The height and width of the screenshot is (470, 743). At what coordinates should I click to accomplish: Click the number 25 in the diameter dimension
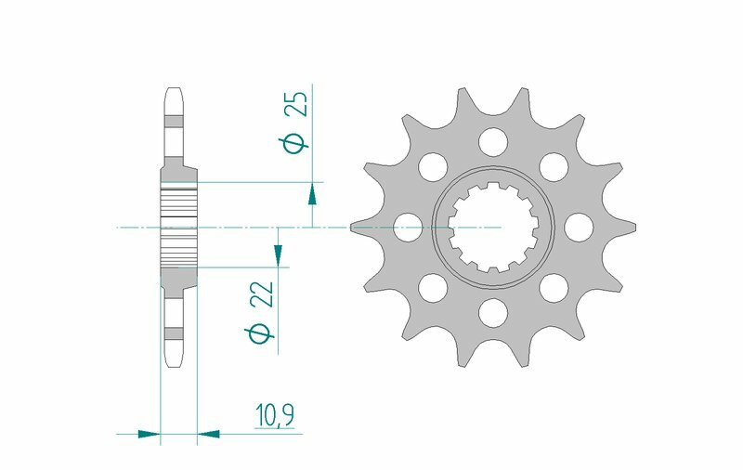(x=297, y=104)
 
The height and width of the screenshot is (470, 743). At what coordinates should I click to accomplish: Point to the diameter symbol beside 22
(x=261, y=333)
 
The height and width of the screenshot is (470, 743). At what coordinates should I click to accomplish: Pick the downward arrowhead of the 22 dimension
(x=277, y=253)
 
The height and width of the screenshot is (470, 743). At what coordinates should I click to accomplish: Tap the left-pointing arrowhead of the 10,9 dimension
(x=210, y=433)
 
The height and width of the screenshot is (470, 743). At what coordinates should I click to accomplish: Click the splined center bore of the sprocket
(x=494, y=227)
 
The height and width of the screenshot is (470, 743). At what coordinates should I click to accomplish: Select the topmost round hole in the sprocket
(x=494, y=141)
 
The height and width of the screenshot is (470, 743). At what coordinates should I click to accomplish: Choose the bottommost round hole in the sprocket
(x=494, y=312)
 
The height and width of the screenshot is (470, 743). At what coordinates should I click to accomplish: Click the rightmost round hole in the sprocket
(x=579, y=227)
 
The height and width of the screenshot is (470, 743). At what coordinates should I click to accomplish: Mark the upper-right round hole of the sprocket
(x=554, y=166)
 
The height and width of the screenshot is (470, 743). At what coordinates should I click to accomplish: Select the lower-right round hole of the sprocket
(x=554, y=287)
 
